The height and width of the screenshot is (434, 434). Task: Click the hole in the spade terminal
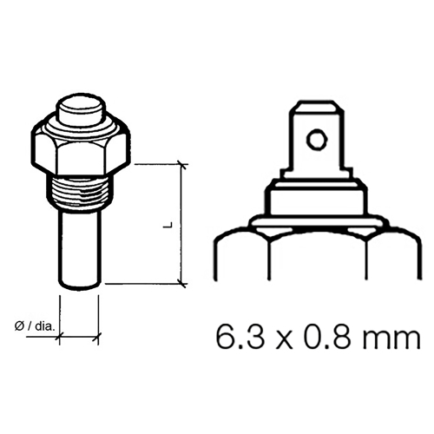[319, 139]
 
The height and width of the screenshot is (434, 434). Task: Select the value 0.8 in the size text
[317, 335]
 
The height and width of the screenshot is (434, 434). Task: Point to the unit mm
[382, 336]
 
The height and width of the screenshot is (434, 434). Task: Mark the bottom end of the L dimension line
[181, 283]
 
